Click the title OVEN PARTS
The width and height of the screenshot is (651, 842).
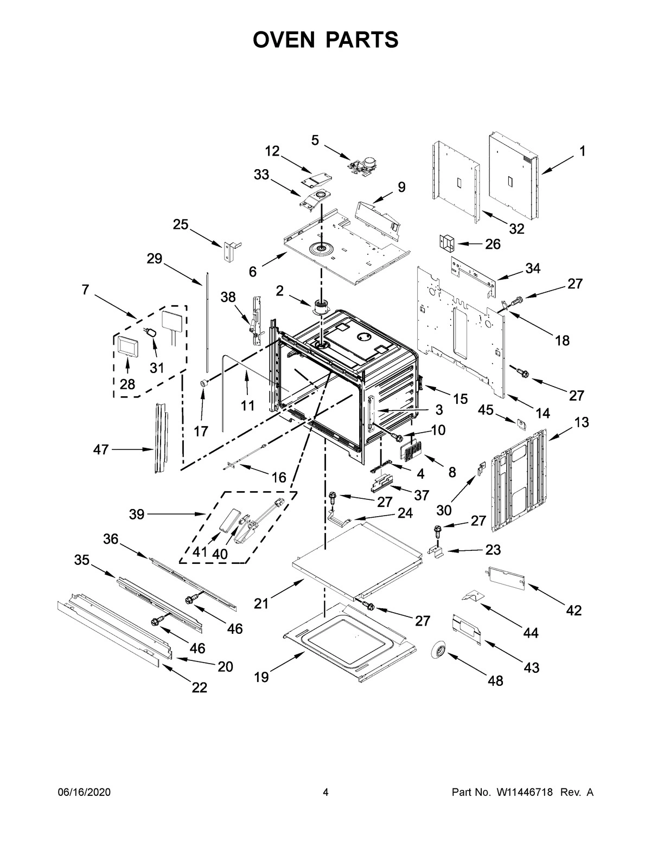point(325,40)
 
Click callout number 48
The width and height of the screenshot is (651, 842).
point(495,680)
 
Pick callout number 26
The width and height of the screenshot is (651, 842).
point(493,244)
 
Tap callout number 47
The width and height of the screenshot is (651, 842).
point(101,449)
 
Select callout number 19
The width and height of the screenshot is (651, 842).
point(261,677)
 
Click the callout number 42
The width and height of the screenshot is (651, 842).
point(574,610)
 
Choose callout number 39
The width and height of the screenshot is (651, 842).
point(137,514)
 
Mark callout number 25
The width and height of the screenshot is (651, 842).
point(181,224)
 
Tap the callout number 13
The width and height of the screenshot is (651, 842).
point(582,422)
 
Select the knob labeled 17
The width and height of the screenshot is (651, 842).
point(205,383)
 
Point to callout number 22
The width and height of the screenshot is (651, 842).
point(200,687)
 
